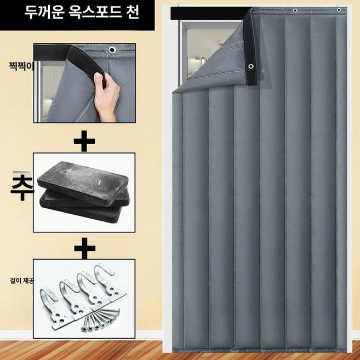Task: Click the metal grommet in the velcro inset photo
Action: coord(113,51)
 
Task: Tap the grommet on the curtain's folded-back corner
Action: coord(251,67)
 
